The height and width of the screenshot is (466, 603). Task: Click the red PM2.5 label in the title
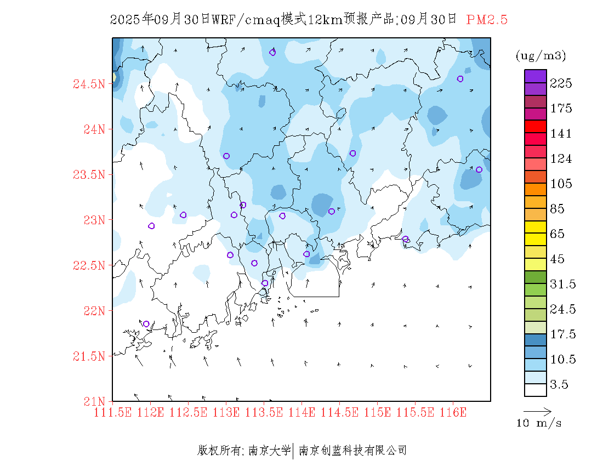[x=487, y=20]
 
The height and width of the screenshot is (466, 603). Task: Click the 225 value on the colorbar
[x=561, y=83]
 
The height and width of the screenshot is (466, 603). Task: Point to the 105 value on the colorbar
[x=561, y=184]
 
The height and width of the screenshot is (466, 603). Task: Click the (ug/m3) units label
[x=541, y=56]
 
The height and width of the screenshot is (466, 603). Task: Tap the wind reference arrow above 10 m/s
[x=537, y=411]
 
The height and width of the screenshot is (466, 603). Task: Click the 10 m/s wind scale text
[x=539, y=423]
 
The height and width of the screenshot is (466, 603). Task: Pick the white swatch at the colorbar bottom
[x=535, y=390]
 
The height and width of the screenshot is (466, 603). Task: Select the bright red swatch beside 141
[x=535, y=127]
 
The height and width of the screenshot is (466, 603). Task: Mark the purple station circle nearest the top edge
[x=272, y=53]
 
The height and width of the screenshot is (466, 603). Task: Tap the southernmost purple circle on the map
[x=146, y=324]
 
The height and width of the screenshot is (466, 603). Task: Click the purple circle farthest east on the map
[x=479, y=169]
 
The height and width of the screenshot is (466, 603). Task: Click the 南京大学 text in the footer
[x=270, y=451]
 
